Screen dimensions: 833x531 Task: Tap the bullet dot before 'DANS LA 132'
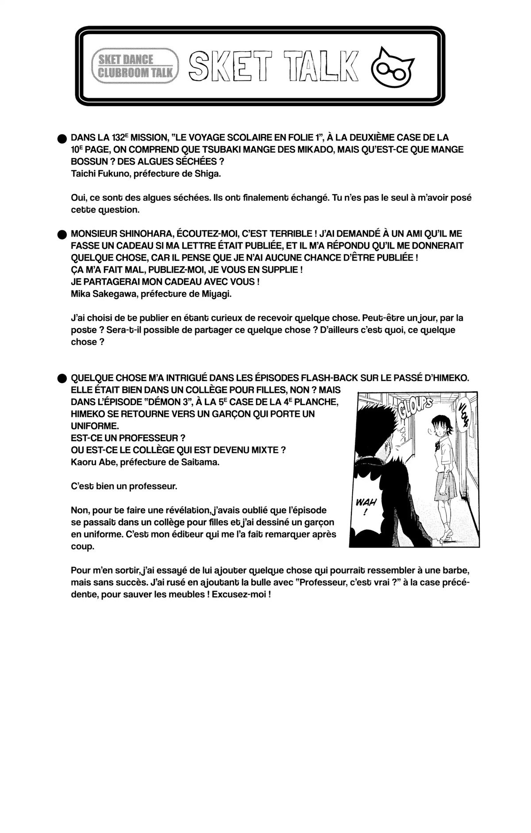click(x=62, y=138)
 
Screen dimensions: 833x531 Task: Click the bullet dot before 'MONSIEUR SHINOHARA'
click(x=62, y=234)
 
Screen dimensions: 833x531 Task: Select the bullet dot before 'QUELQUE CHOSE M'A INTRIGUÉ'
click(x=62, y=378)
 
